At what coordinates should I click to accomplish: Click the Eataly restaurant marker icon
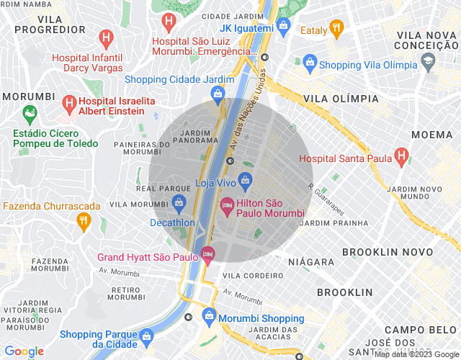click(x=336, y=28)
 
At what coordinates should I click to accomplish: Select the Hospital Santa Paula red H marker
click(x=401, y=158)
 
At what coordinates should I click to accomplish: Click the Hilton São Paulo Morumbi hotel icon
click(x=226, y=206)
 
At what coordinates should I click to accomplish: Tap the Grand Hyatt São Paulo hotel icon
click(x=208, y=253)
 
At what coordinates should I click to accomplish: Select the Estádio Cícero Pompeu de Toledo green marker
click(x=29, y=113)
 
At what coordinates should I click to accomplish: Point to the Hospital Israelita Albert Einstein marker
click(x=70, y=104)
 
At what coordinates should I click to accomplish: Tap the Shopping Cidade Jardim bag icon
click(x=217, y=94)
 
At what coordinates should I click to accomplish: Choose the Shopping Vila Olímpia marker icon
click(x=310, y=64)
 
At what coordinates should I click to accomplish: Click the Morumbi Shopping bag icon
click(x=209, y=315)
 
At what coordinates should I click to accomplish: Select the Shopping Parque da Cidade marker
click(x=147, y=336)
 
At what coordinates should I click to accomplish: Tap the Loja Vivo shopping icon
click(x=246, y=178)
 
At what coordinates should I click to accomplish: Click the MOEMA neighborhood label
click(x=431, y=135)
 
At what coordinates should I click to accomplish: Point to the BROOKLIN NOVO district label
click(x=388, y=252)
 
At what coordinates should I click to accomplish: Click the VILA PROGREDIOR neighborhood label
click(x=50, y=24)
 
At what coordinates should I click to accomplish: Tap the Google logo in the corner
click(x=24, y=351)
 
